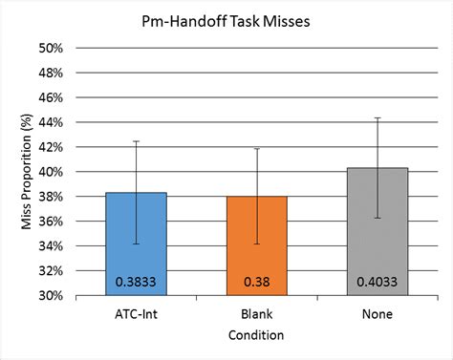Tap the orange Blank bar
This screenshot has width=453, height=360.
257,245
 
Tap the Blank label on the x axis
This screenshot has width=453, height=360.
257,312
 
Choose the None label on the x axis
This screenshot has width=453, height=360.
377,312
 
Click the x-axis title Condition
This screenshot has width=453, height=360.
256,335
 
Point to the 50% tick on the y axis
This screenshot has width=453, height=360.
50,48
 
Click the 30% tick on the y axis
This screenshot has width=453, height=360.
50,296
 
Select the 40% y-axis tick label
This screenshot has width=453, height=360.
50,172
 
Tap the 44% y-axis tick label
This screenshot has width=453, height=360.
50,122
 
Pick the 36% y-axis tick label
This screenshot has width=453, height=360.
50,222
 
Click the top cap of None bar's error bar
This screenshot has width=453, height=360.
377,117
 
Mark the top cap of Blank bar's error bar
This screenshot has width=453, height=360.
257,148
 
